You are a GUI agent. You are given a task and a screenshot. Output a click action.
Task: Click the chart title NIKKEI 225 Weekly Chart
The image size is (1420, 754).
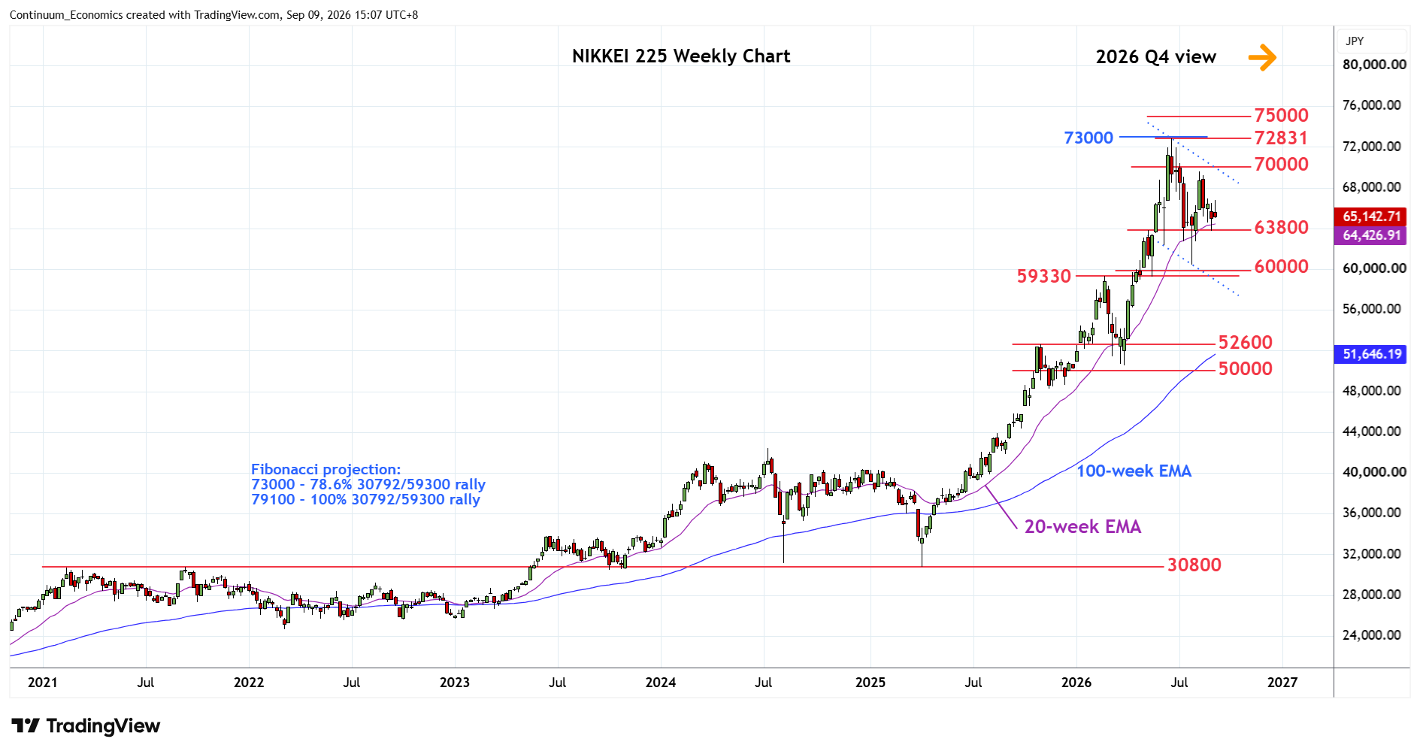point(680,56)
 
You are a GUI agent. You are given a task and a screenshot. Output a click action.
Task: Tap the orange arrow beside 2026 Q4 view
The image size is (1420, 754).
point(1262,57)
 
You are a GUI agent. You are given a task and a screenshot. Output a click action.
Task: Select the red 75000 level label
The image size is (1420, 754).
point(1281,116)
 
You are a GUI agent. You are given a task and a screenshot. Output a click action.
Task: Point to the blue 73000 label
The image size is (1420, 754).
point(1088,138)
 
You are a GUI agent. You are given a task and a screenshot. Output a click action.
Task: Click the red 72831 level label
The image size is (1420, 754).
point(1281,138)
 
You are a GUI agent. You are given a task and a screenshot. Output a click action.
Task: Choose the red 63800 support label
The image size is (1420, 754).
point(1281,227)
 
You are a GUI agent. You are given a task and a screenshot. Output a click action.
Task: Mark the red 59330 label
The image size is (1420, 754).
point(1043,277)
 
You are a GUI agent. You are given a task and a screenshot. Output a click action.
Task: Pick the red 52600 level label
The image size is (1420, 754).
point(1245,343)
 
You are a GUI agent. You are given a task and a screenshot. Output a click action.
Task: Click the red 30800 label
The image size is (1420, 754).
point(1194,565)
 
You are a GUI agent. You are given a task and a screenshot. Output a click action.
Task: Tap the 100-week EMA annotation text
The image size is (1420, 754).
point(1134,471)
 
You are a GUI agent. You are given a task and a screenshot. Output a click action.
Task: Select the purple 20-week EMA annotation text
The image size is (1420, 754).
point(1082,527)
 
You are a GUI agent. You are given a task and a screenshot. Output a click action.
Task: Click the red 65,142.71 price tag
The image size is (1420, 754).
point(1372,217)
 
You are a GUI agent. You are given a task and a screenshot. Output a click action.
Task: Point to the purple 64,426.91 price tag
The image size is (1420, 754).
point(1372,235)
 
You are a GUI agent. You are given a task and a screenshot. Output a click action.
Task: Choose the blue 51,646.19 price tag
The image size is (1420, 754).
point(1372,354)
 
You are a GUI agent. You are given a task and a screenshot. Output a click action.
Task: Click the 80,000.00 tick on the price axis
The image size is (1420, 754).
point(1374,65)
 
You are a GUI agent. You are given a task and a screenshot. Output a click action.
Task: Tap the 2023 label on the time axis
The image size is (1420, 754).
point(455,683)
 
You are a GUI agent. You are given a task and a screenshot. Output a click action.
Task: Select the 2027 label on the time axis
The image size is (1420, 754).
point(1282,683)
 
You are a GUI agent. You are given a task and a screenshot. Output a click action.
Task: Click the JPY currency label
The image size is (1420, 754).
point(1355,41)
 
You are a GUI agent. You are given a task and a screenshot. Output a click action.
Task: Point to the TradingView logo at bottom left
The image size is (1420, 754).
point(86,726)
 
